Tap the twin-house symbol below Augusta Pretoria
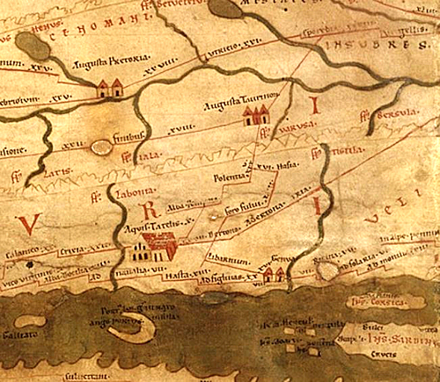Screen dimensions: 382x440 point(110,87)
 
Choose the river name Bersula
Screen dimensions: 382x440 point(384,113)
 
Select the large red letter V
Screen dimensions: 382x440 point(30,225)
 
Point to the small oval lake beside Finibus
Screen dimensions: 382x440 point(101,150)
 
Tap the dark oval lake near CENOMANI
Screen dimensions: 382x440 point(32,46)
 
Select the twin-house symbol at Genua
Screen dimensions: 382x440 point(274,275)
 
